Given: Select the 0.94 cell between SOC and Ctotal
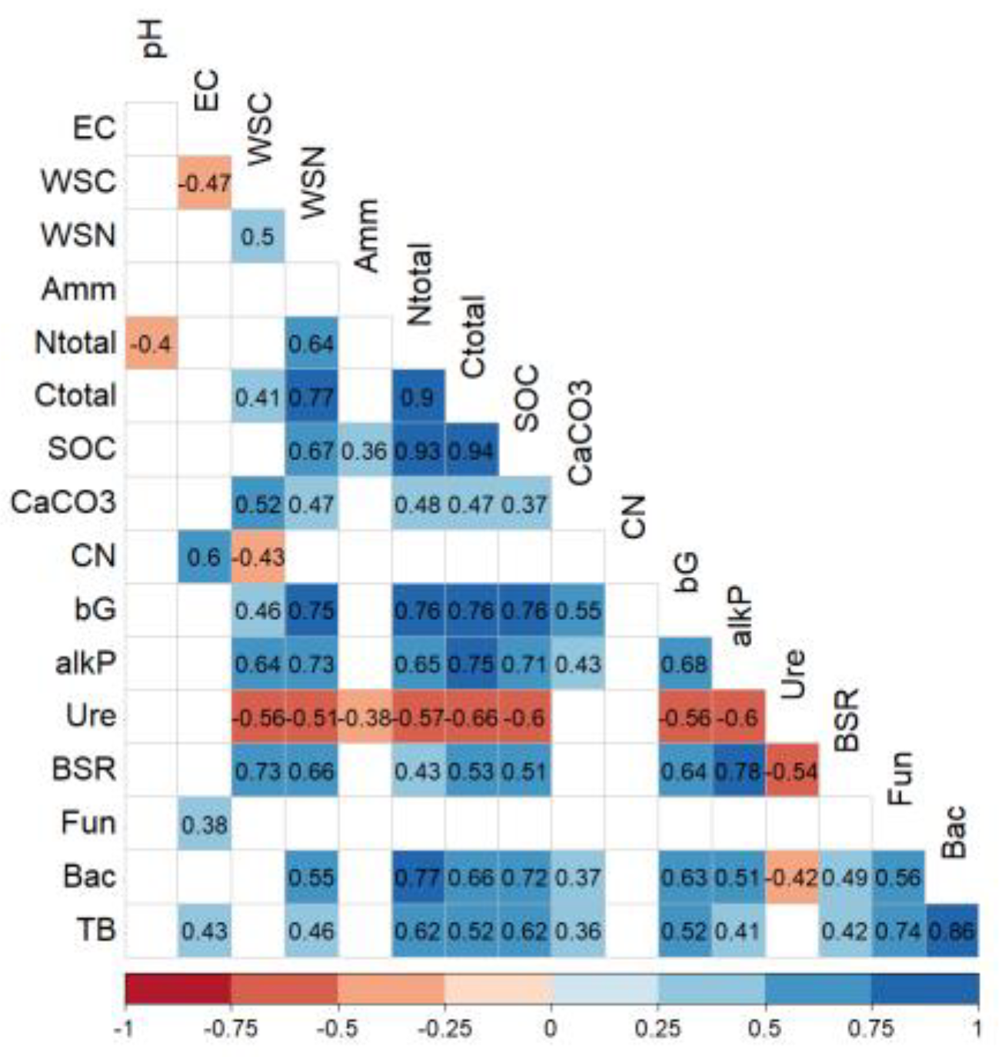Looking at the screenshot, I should [471, 449].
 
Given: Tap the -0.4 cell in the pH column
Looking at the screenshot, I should [151, 343].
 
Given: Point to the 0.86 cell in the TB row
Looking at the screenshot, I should [952, 931].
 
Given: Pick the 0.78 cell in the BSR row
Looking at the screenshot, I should [738, 770].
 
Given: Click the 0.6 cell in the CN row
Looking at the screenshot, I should [205, 556].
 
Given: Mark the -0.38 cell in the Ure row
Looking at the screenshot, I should [365, 717].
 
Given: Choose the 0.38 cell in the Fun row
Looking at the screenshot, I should [205, 824].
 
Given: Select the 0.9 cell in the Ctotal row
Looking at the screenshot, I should [418, 396].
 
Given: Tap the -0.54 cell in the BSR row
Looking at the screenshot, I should [792, 770].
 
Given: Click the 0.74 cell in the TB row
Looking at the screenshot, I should [898, 931].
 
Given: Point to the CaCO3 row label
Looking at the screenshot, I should [63, 503].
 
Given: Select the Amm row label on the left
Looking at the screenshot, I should [79, 290].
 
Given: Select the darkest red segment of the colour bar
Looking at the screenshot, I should [178, 989].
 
